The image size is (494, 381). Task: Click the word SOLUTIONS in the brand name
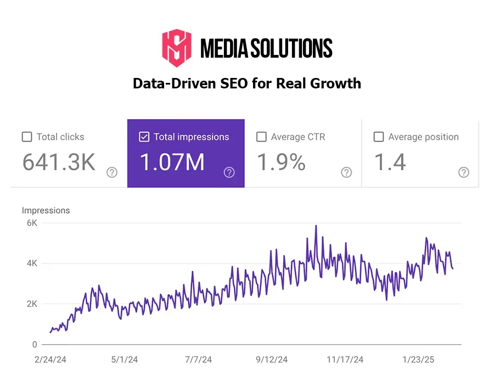(291, 49)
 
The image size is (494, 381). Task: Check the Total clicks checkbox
(27, 137)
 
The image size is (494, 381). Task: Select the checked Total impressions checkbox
(144, 137)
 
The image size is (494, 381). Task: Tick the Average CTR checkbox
(261, 137)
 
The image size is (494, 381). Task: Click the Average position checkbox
(378, 137)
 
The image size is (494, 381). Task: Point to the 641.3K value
(59, 163)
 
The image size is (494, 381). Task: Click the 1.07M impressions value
(172, 163)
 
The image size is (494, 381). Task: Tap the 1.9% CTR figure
(281, 163)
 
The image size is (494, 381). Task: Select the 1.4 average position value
(390, 163)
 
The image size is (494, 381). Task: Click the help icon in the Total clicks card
(112, 172)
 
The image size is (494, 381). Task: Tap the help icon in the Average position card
(464, 172)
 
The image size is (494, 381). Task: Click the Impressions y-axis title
(46, 210)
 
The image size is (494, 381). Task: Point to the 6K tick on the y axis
(32, 223)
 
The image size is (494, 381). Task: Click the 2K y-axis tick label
(32, 304)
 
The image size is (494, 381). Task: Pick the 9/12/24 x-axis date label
(272, 360)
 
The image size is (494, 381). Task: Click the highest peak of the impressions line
(316, 226)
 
